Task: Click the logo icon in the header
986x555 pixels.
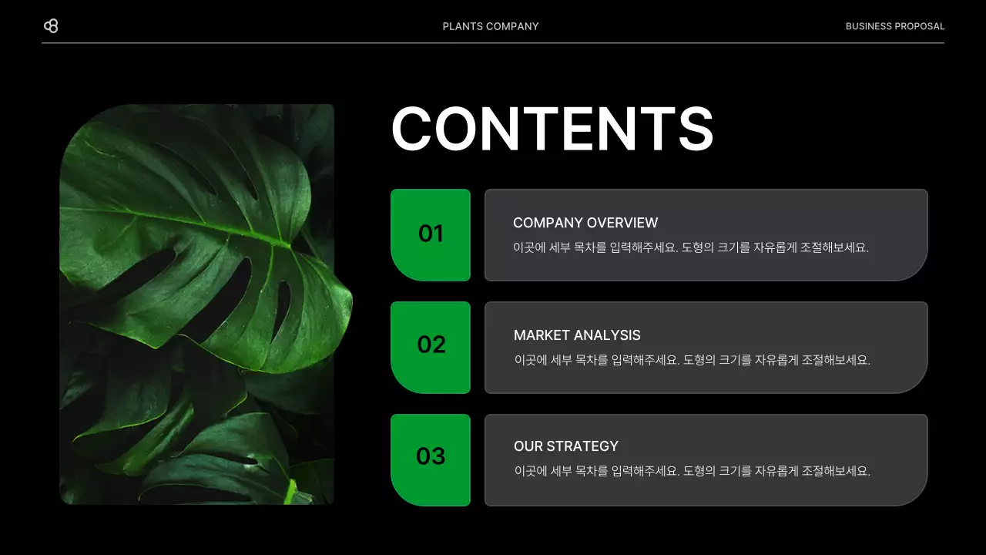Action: coord(51,26)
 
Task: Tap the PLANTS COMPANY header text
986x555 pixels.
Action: coord(491,26)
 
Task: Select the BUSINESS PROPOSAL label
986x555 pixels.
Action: coord(894,26)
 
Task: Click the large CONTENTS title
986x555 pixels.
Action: coord(552,129)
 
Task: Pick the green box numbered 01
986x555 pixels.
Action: coord(431,234)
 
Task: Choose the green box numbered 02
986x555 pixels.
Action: coord(431,346)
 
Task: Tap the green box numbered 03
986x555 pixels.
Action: coord(431,459)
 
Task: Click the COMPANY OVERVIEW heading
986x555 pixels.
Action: coord(585,223)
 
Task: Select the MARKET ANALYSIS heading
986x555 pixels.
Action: coord(577,335)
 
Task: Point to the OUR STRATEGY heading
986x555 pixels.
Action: coord(566,446)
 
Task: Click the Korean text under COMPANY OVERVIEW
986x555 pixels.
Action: coord(691,248)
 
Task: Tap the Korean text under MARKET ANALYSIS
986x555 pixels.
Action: coord(692,360)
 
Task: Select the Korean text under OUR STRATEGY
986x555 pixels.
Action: coord(692,471)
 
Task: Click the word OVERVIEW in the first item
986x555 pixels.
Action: coord(622,223)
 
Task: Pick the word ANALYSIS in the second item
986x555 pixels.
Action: coord(609,335)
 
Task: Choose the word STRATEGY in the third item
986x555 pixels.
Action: coord(582,446)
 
